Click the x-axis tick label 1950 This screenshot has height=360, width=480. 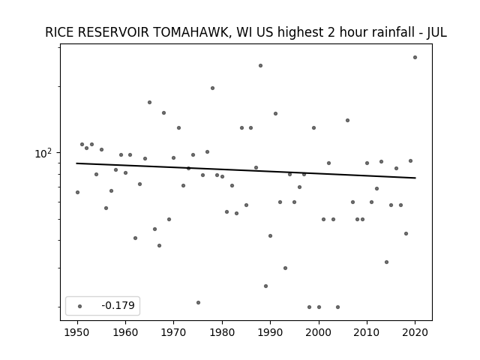[77, 332]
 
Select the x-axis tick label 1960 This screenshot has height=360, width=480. [125, 332]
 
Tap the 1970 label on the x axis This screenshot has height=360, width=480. [173, 332]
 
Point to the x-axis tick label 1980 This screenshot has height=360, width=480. [222, 332]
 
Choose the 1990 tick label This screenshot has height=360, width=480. [270, 332]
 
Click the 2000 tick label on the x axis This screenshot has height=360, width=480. [319, 332]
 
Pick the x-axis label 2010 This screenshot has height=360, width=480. [367, 332]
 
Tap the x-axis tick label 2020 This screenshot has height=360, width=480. [415, 332]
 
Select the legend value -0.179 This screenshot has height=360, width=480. [118, 305]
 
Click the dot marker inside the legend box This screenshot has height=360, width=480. [80, 306]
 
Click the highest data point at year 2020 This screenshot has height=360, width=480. [415, 57]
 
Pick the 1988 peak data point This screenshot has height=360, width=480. [260, 65]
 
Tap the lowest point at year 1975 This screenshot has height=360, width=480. [198, 302]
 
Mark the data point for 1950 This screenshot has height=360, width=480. [77, 192]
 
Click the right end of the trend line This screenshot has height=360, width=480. [415, 178]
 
